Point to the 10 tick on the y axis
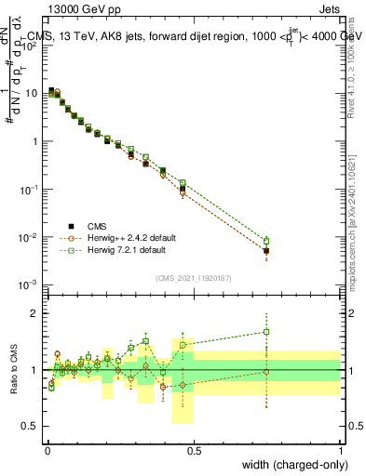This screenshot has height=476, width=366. click(31, 93)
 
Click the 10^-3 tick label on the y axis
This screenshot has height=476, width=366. click(28, 284)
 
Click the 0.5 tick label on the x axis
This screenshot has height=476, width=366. click(194, 450)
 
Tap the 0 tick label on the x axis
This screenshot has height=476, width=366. click(47, 450)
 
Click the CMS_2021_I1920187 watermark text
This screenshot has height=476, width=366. click(194, 277)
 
